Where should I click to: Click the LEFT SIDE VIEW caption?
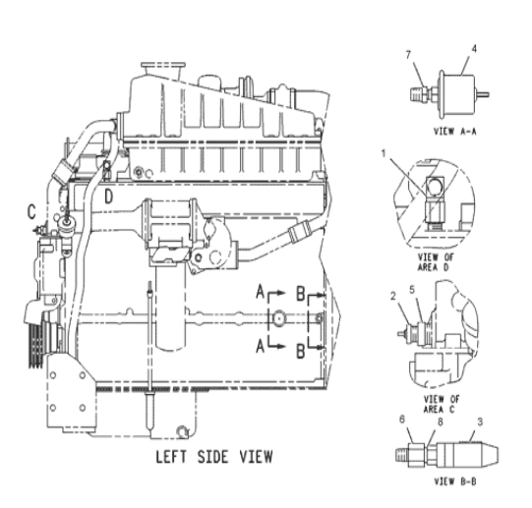point(214,457)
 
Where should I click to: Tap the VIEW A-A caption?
point(455,132)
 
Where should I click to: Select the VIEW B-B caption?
point(455,481)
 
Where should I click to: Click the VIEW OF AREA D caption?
point(436,262)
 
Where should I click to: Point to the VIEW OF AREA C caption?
point(442,404)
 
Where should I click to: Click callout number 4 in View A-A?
point(474,49)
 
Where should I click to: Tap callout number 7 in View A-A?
point(408,55)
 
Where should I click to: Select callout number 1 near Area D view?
point(384,153)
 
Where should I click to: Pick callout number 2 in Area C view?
point(393,296)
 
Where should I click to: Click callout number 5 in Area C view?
point(412,290)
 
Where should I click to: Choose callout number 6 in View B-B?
point(402,420)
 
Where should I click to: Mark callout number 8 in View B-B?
point(440,422)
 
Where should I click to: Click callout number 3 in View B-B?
point(480,422)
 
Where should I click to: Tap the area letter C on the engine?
point(31,212)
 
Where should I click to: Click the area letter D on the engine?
point(108,197)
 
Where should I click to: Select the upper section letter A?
point(260,292)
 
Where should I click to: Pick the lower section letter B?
point(301,351)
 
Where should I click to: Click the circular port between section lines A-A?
point(278,318)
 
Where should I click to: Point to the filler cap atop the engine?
point(163,66)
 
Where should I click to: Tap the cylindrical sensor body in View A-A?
point(458,94)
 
